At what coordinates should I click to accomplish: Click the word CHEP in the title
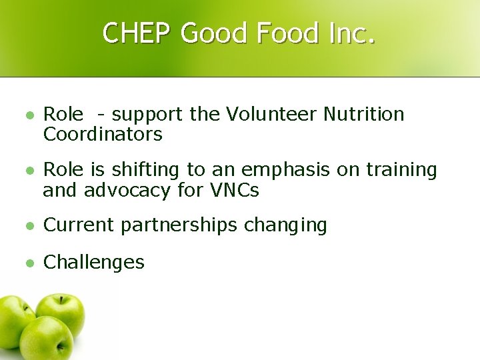point(138,33)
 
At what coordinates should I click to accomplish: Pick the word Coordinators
point(103,135)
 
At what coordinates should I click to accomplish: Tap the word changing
point(286,226)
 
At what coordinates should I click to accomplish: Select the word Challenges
point(93,262)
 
